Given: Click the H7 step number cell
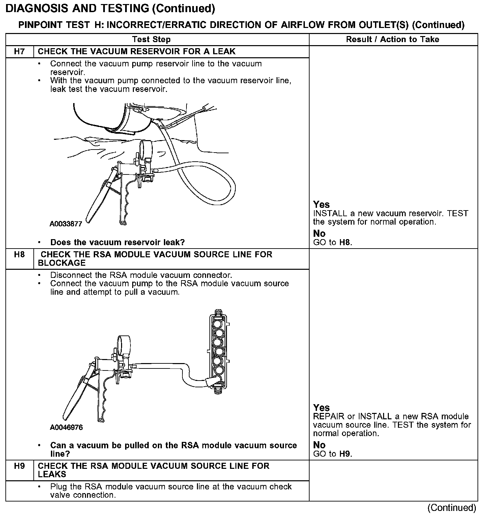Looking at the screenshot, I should coord(20,52).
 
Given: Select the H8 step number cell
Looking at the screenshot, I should coord(20,255).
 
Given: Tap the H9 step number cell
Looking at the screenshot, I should coord(20,466).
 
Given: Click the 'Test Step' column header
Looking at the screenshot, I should coord(151,39).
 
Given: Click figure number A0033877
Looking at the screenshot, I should coord(66,224).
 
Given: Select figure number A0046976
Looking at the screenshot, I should coord(66,427).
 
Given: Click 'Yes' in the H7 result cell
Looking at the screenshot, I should coord(321,204).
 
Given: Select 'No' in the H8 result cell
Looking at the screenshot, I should coord(319,445).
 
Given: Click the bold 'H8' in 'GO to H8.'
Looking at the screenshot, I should coord(345,242).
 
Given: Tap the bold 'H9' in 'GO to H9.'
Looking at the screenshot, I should coord(345,454).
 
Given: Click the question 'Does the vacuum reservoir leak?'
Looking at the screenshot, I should coord(117,242).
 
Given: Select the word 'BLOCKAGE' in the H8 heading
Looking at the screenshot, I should coord(62,263).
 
